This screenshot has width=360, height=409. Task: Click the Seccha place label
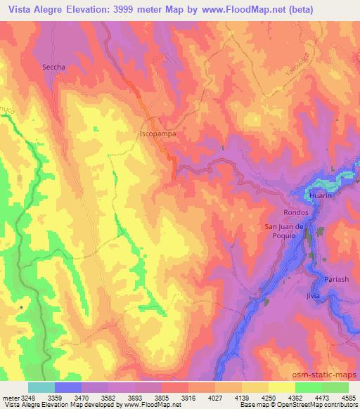53,67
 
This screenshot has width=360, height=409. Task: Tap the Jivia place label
313,296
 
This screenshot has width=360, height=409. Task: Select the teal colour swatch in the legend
41,387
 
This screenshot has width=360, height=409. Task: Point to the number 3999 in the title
131,8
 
